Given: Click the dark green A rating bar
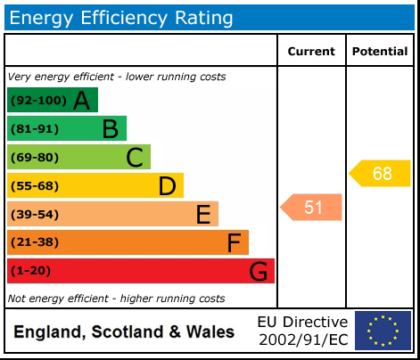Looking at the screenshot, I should click(52, 100).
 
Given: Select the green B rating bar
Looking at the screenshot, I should click(66, 128).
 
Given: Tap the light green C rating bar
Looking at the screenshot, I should click(78, 157).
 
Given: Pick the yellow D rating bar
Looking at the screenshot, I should click(95, 185).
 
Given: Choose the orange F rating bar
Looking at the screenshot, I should click(128, 242).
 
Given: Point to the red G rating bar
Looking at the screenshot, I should click(140, 270).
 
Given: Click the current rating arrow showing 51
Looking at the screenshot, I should click(311, 208).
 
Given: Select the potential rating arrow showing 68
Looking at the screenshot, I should click(380, 173).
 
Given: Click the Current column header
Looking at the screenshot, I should click(311, 52).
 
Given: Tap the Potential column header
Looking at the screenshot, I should click(380, 52).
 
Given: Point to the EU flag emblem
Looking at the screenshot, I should click(383, 331).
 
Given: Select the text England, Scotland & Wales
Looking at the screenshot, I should click(124, 332).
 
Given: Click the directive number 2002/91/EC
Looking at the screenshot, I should click(302, 340).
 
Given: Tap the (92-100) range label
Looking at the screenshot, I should click(37, 100).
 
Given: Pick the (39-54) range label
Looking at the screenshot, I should click(33, 214).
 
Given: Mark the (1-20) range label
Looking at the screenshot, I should click(29, 270).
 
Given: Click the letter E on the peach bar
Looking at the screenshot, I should click(203, 214).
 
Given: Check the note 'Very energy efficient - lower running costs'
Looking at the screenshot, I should click(117, 77).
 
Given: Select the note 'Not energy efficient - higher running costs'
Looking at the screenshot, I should click(117, 299).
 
